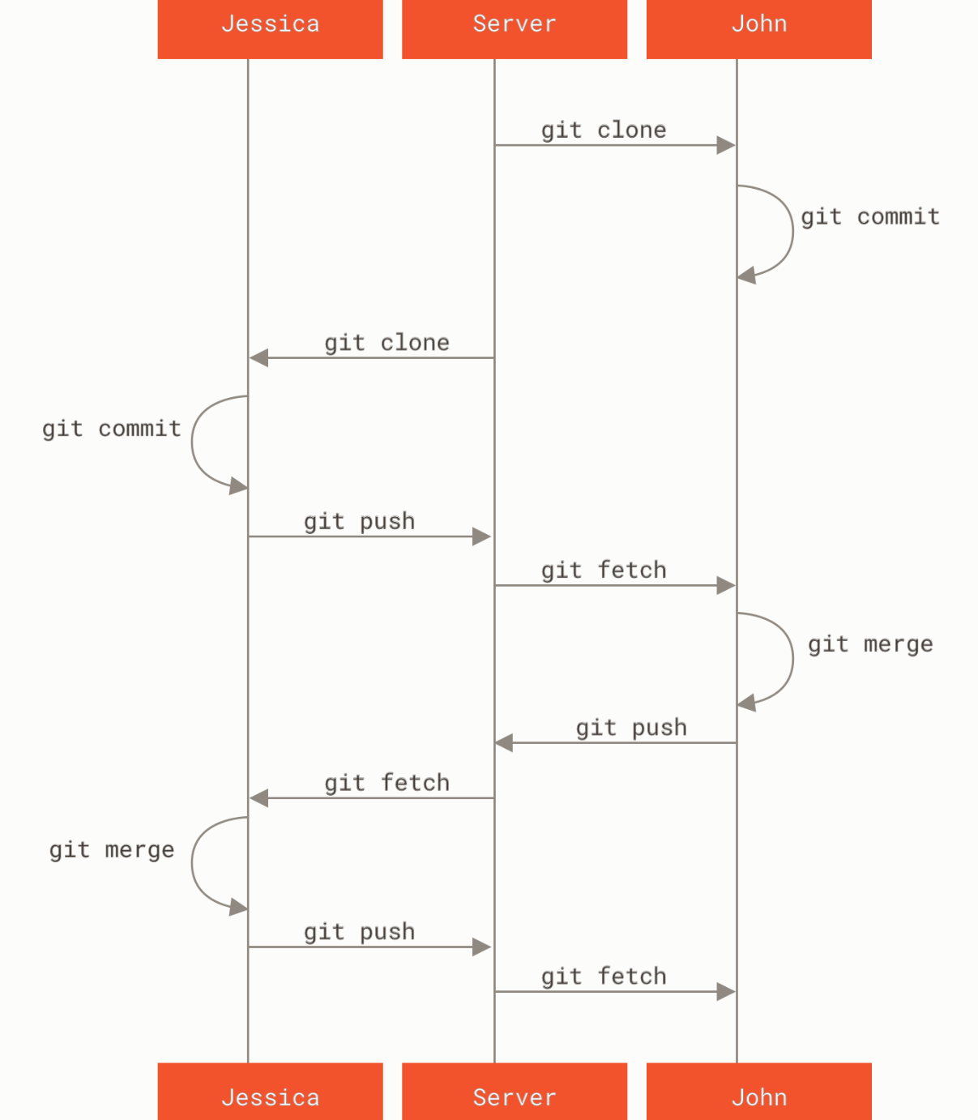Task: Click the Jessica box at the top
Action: (x=270, y=24)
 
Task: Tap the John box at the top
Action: (x=758, y=24)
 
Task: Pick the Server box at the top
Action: (x=515, y=24)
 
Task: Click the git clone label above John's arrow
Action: (x=604, y=130)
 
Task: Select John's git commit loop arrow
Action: (x=791, y=231)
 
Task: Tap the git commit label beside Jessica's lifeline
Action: (x=112, y=428)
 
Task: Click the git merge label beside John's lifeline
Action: (x=870, y=644)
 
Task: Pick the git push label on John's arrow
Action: (x=631, y=727)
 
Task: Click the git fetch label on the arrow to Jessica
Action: (x=387, y=782)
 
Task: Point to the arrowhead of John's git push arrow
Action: (x=504, y=742)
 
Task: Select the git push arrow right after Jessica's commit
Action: (x=369, y=536)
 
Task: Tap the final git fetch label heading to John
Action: (x=604, y=976)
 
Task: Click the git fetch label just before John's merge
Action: (x=604, y=570)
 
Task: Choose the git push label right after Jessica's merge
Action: (x=359, y=931)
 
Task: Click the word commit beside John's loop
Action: (x=898, y=216)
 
